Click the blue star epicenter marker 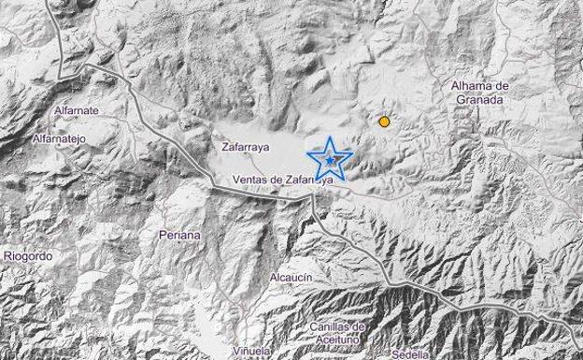coord(331,160)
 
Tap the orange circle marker coord(383,122)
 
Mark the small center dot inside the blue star coord(331,161)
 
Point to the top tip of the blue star coord(331,137)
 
